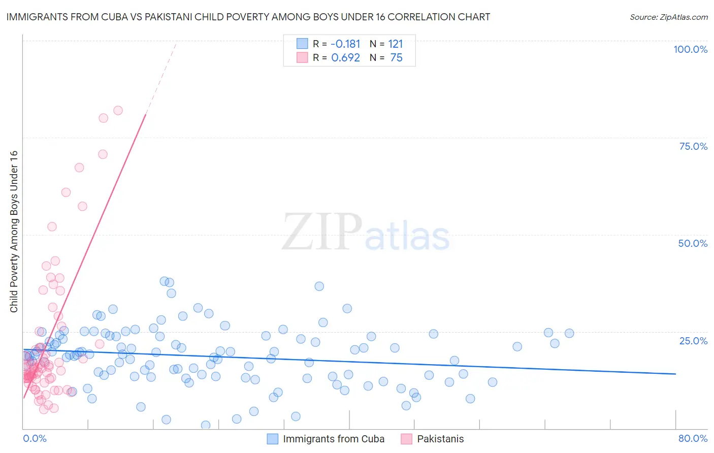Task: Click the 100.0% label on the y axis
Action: coord(690,49)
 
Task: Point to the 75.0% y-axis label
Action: coord(693,146)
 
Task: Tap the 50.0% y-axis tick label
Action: coord(693,243)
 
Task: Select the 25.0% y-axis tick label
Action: coord(693,341)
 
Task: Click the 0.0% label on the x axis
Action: coord(35,438)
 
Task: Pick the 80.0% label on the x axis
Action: coord(693,438)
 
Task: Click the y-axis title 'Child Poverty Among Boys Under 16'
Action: coord(14,232)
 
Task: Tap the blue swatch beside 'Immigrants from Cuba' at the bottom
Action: coord(273,439)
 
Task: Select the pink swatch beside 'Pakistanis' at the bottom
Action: coord(406,439)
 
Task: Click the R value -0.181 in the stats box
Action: coord(345,44)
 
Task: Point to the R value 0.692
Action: coord(345,57)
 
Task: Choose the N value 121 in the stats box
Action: coord(396,44)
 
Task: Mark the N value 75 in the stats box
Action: coord(396,57)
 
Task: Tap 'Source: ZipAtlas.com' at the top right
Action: coord(668,17)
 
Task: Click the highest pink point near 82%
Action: coord(118,110)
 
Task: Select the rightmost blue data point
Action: coord(569,333)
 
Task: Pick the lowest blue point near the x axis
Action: coord(206,425)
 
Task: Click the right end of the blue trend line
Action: coord(675,374)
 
